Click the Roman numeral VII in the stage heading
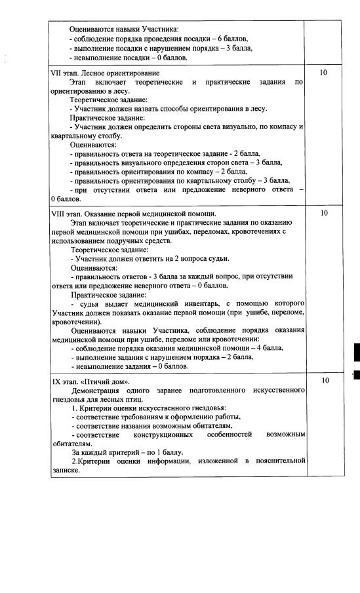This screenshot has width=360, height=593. tap(57, 73)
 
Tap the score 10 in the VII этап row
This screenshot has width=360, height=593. tap(323, 73)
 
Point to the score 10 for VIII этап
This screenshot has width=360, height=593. tap(323, 213)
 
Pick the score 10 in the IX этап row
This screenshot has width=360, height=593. tap(323, 381)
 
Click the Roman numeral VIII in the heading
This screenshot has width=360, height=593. tap(58, 213)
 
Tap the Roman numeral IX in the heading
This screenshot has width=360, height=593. tap(56, 381)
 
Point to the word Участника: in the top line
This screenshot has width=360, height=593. tap(159, 29)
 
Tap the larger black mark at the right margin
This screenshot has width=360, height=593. tap(356, 351)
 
